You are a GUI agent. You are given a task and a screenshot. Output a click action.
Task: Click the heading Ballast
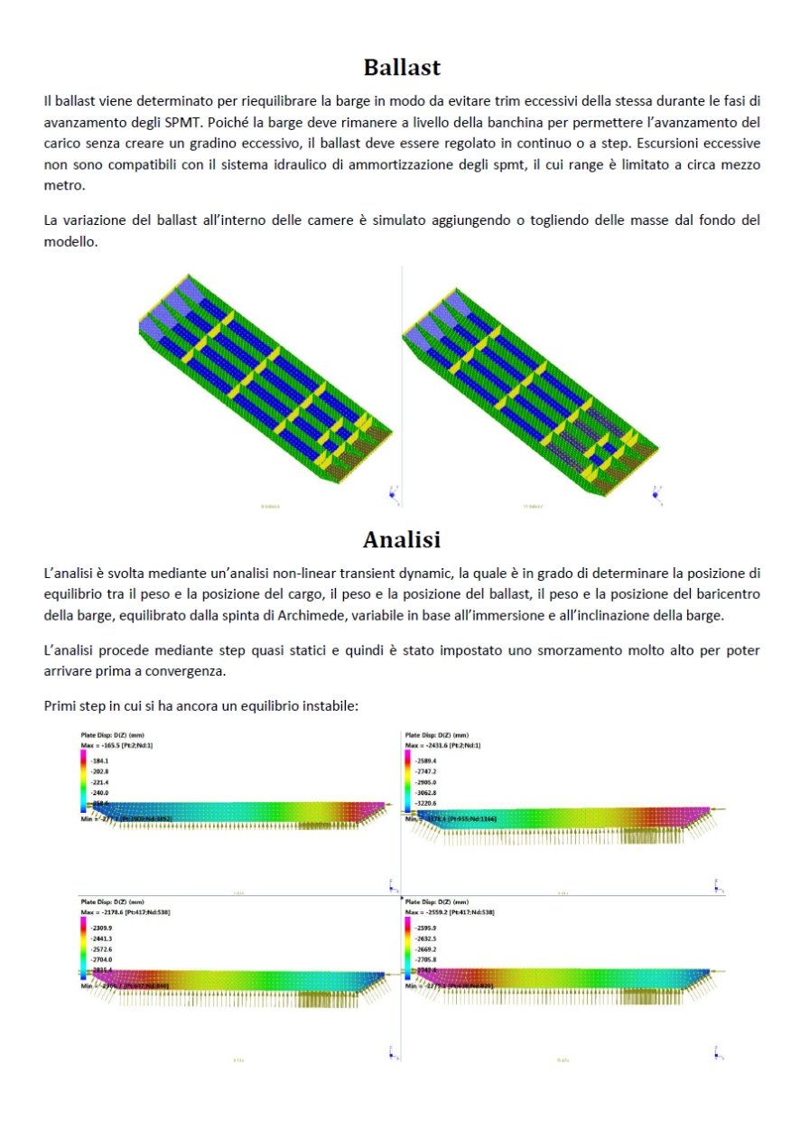401,67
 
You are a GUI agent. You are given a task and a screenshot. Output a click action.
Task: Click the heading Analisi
401,539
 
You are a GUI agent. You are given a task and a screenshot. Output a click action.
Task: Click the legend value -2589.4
427,761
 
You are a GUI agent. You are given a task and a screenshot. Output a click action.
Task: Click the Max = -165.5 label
120,745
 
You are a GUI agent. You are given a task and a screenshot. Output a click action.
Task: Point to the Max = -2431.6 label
443,745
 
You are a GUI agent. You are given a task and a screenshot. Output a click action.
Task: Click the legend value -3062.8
427,792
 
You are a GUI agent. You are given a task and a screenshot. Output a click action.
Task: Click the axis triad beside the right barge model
656,493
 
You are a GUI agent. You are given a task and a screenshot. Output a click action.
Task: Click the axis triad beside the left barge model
392,493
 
